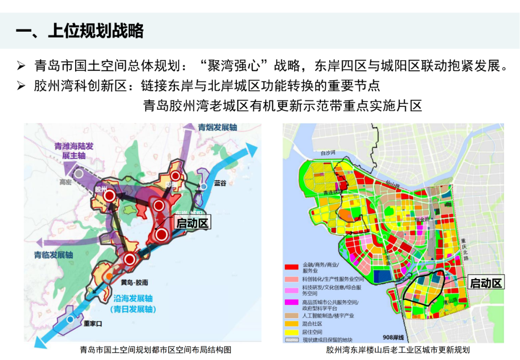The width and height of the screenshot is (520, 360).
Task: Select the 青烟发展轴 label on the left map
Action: pos(218,128)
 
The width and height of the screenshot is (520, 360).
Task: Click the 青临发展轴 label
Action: pos(53,255)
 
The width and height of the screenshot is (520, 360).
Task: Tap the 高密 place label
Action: pos(65,182)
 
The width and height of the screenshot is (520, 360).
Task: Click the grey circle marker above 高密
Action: pos(78,173)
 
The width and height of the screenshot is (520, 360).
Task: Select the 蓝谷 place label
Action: pos(220,183)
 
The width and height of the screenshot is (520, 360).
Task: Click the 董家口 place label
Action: pos(93,324)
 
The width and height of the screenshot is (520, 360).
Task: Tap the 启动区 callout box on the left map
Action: pos(192,223)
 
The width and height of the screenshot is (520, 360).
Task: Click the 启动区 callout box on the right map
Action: pos(485,283)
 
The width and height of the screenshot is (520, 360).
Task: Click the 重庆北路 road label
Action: pos(464,249)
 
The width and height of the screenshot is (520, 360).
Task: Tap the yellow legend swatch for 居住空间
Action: pos(292,332)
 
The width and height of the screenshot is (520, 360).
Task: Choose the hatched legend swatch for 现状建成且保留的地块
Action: pos(292,339)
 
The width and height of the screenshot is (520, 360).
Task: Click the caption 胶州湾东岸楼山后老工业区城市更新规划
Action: pos(398,350)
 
